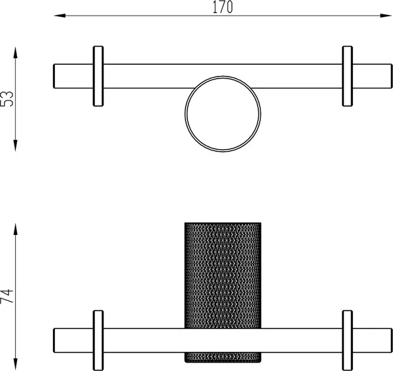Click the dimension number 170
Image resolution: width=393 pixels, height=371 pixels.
[223, 7]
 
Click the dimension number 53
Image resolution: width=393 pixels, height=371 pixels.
[7, 99]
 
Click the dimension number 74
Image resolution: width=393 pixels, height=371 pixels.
[7, 296]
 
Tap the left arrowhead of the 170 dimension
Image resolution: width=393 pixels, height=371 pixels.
[60, 16]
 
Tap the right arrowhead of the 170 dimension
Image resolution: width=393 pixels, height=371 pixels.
[386, 16]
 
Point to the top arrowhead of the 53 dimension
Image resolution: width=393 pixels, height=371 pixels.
[16, 52]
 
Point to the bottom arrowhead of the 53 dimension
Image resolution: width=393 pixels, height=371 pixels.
[16, 145]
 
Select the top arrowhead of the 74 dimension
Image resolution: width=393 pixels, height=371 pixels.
[16, 229]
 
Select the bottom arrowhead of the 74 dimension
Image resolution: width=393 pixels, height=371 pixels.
[16, 364]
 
